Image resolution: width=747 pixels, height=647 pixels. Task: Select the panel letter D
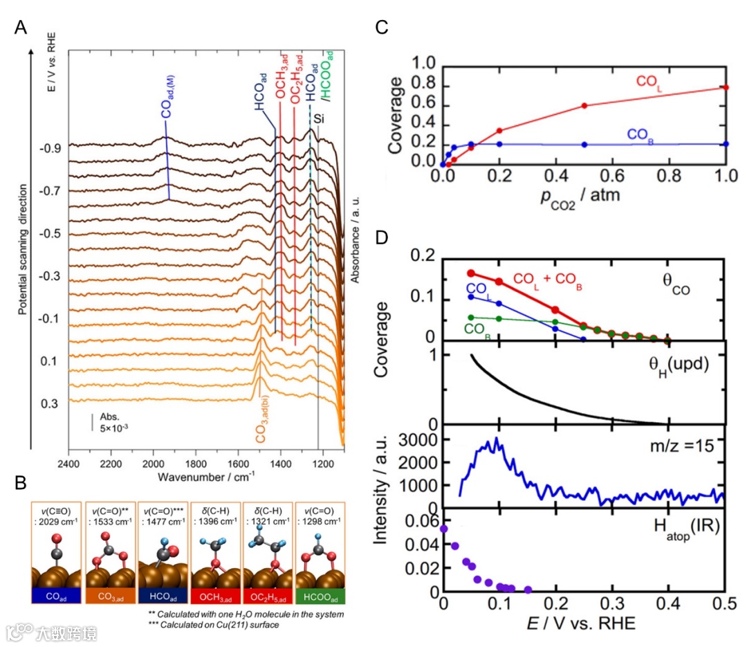(x=380, y=239)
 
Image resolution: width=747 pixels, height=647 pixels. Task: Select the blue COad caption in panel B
(x=56, y=595)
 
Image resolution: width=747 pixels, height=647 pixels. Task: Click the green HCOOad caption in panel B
(x=320, y=595)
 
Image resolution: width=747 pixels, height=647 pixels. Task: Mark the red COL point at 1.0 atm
(x=726, y=87)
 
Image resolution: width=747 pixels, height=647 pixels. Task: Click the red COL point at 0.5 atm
(x=584, y=106)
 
